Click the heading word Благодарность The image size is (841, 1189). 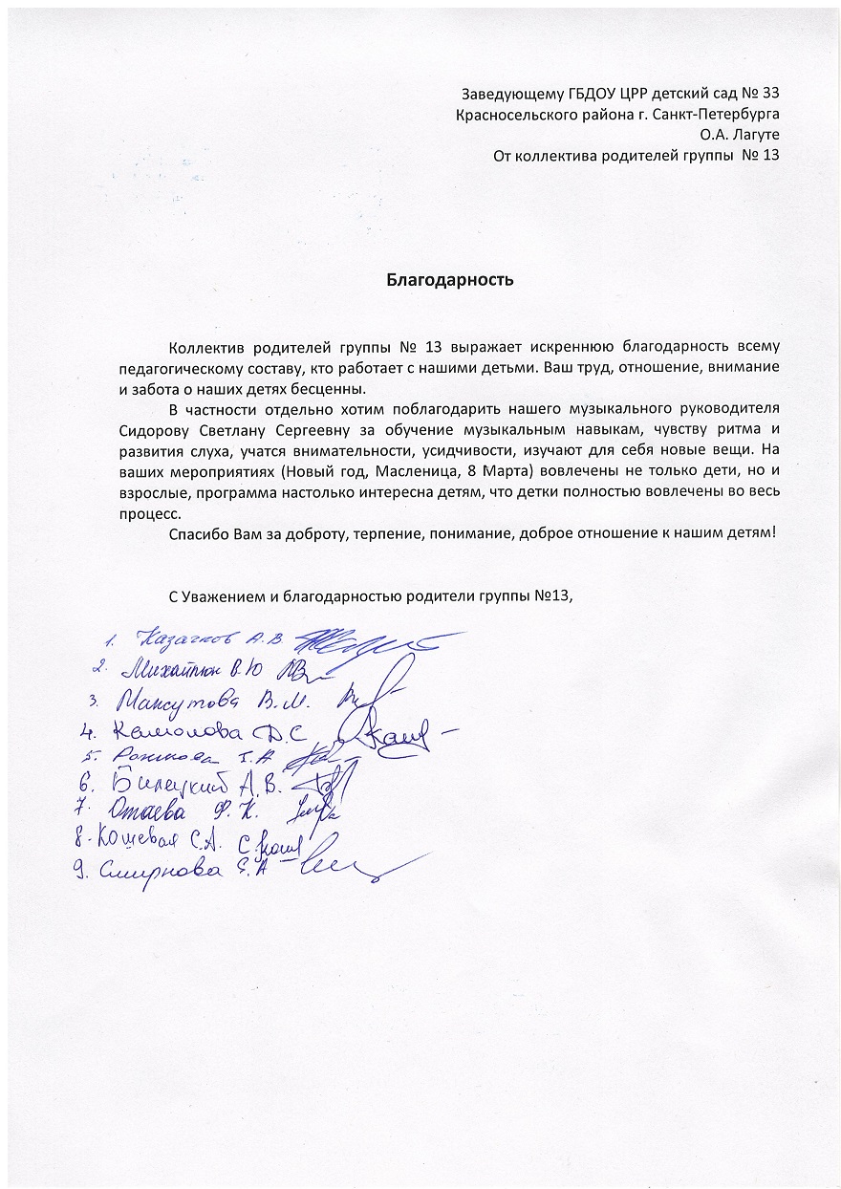coord(450,280)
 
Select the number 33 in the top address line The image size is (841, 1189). coord(767,94)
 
